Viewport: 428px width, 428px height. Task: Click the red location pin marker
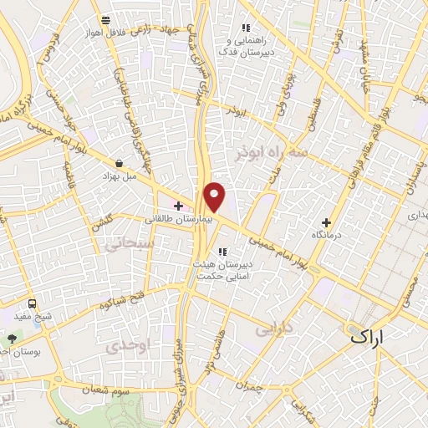pyautogui.click(x=216, y=196)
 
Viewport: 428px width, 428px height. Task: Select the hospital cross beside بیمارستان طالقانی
pyautogui.click(x=178, y=205)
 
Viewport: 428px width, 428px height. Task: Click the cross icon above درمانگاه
pyautogui.click(x=326, y=222)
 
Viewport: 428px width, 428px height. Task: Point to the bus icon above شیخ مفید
pyautogui.click(x=32, y=303)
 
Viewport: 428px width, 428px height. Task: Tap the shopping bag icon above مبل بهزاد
pyautogui.click(x=122, y=164)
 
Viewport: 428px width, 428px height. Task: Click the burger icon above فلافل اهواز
pyautogui.click(x=104, y=20)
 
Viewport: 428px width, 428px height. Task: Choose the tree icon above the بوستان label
pyautogui.click(x=12, y=338)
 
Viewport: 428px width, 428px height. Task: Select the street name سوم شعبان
pyautogui.click(x=109, y=388)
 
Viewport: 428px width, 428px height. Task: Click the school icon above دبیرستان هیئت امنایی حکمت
pyautogui.click(x=222, y=252)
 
